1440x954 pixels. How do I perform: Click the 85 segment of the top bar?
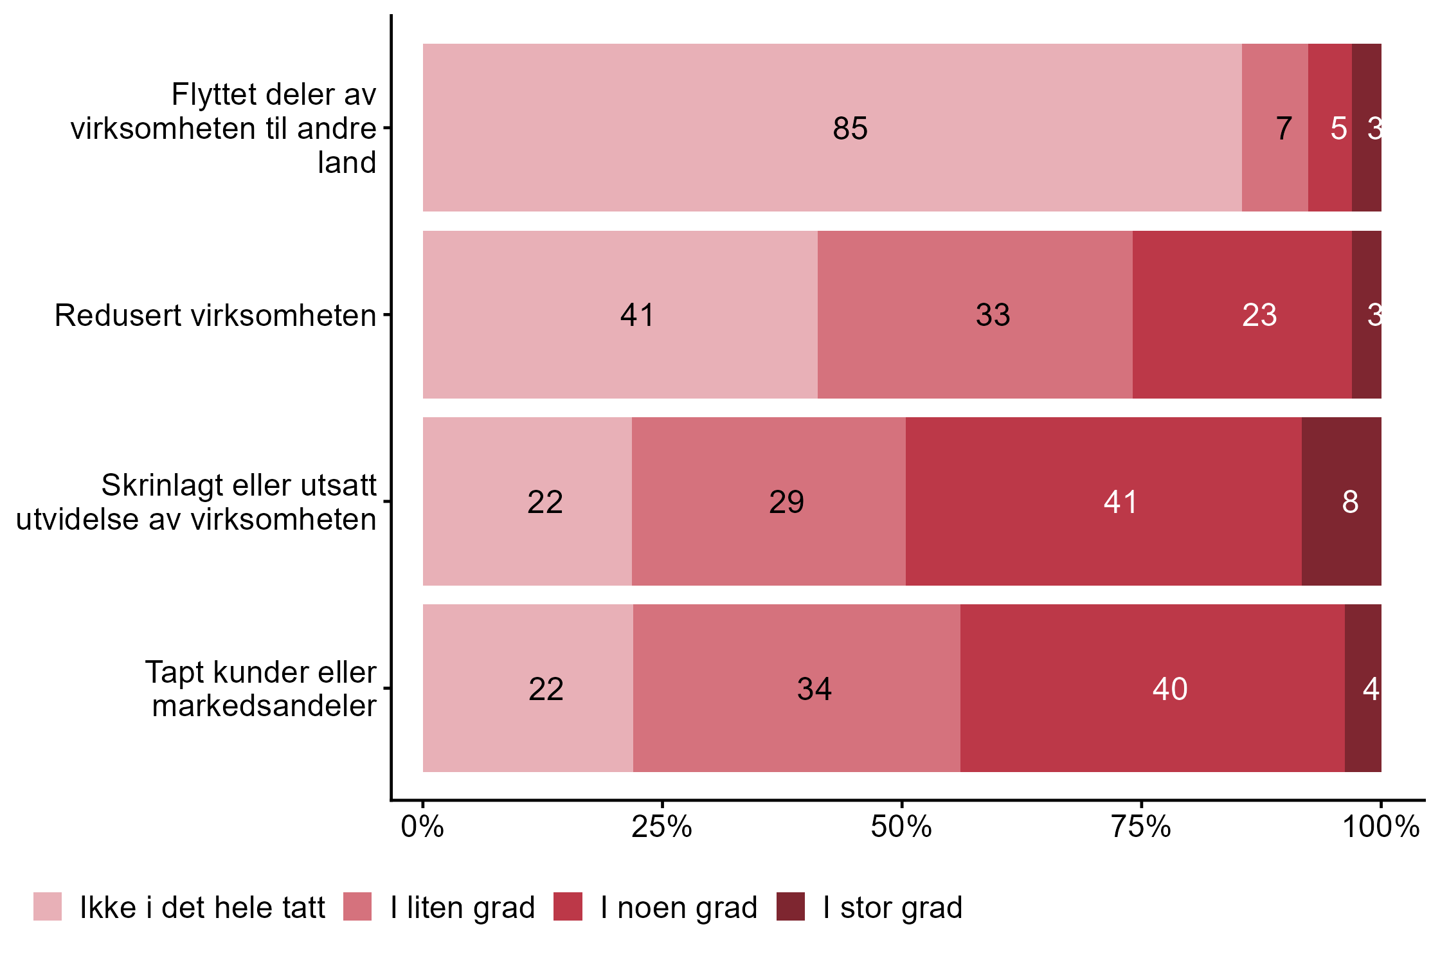[832, 127]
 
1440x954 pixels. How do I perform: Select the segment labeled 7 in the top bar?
[1274, 127]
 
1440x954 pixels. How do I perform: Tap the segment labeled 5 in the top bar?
[1329, 127]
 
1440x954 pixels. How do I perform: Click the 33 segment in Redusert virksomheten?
[975, 314]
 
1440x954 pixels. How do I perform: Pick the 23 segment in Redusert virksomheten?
[1242, 314]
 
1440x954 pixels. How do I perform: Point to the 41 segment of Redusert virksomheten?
[620, 314]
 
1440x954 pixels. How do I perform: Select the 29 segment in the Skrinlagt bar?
[768, 501]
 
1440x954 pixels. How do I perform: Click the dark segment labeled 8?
[1341, 501]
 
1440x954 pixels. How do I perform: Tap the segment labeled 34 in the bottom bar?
[797, 688]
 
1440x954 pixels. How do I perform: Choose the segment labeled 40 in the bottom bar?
[1152, 688]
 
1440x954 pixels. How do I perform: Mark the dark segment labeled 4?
[1363, 688]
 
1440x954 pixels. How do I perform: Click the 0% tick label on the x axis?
[422, 827]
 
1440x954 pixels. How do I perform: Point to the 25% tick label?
[661, 827]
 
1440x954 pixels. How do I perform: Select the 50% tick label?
[901, 827]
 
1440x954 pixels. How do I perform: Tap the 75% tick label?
[1141, 827]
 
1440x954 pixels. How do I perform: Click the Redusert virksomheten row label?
[215, 315]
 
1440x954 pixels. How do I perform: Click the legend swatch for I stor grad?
[790, 906]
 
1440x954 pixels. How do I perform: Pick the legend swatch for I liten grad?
[357, 906]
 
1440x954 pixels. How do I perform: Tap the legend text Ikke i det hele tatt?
[202, 908]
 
